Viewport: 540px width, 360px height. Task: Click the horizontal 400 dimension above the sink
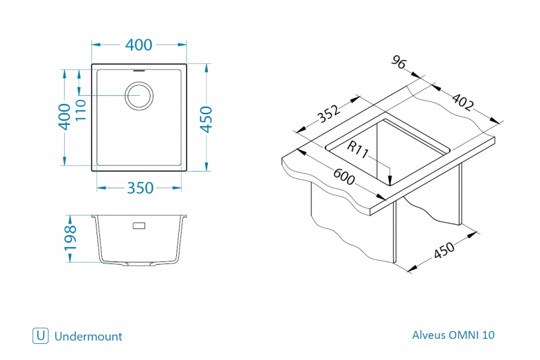(x=139, y=45)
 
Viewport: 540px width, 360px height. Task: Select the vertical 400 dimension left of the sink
(x=64, y=117)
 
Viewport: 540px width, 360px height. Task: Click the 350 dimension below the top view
(x=140, y=188)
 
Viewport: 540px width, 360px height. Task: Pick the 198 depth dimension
(x=70, y=238)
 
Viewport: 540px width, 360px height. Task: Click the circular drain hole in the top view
(x=139, y=96)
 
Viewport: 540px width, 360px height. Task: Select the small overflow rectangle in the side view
(x=139, y=226)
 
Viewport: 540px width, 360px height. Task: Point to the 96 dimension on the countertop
(x=399, y=62)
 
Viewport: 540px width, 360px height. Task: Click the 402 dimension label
(x=462, y=102)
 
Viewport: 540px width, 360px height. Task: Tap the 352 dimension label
(x=329, y=113)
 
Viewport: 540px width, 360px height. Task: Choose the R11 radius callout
(x=358, y=149)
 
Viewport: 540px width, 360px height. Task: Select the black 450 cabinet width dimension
(x=444, y=250)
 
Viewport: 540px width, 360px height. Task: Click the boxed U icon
(x=40, y=336)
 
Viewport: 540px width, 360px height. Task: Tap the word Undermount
(x=88, y=336)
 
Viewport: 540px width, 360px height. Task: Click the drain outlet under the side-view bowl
(x=139, y=264)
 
